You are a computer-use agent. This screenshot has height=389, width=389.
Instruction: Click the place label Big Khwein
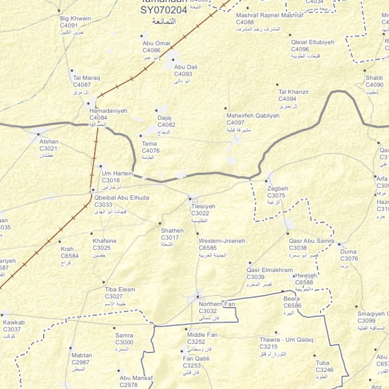click(x=75, y=19)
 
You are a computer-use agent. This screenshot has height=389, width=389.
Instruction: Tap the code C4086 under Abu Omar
click(x=151, y=50)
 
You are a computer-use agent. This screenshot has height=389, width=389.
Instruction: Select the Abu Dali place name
click(x=185, y=67)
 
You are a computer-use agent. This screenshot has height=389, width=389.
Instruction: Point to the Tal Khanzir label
click(x=294, y=92)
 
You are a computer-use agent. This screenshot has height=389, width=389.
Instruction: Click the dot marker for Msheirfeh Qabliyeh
click(x=226, y=108)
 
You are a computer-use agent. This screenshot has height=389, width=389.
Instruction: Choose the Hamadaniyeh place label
click(x=108, y=111)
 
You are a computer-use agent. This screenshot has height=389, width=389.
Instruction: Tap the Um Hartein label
click(x=117, y=174)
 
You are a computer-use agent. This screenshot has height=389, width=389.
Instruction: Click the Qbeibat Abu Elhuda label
click(x=122, y=198)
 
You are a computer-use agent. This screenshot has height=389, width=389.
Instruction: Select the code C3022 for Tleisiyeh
click(x=200, y=213)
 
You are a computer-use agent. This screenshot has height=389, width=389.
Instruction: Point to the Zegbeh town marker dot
click(x=267, y=181)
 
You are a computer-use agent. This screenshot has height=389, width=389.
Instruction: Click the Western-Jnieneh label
click(x=222, y=241)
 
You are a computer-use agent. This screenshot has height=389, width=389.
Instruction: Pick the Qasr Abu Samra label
click(x=312, y=241)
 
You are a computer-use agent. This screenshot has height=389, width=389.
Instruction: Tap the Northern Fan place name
click(x=217, y=304)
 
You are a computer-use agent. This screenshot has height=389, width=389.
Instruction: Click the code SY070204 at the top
click(x=164, y=10)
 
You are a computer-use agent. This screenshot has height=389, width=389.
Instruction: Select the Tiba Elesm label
click(x=120, y=290)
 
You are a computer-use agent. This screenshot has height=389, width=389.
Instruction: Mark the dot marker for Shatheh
click(x=161, y=223)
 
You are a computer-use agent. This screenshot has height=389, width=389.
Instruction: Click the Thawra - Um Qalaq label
click(x=286, y=340)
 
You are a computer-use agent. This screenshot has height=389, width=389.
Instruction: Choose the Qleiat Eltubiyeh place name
click(x=313, y=43)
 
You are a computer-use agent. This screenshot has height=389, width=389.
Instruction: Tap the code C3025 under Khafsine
click(x=102, y=248)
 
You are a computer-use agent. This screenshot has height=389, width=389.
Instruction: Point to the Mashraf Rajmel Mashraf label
click(x=269, y=15)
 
